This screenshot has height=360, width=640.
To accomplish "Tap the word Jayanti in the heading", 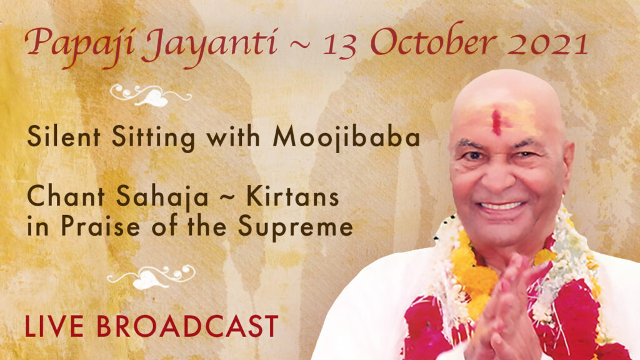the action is [x=211, y=47].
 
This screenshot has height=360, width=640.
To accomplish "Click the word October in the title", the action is [x=434, y=42].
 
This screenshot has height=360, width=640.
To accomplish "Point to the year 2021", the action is [x=547, y=43].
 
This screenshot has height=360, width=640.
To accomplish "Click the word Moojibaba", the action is [x=346, y=137].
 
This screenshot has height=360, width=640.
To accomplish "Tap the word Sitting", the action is [x=154, y=137].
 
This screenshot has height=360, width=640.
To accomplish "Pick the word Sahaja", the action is [x=162, y=197].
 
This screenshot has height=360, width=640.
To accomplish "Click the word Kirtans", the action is [x=292, y=196].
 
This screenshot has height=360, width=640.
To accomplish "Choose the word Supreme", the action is [x=296, y=227].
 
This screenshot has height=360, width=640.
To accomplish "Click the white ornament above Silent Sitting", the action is [x=151, y=95].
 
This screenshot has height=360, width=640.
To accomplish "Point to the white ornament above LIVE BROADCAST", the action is [x=151, y=277].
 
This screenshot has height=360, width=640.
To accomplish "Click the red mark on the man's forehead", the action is [x=496, y=122].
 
